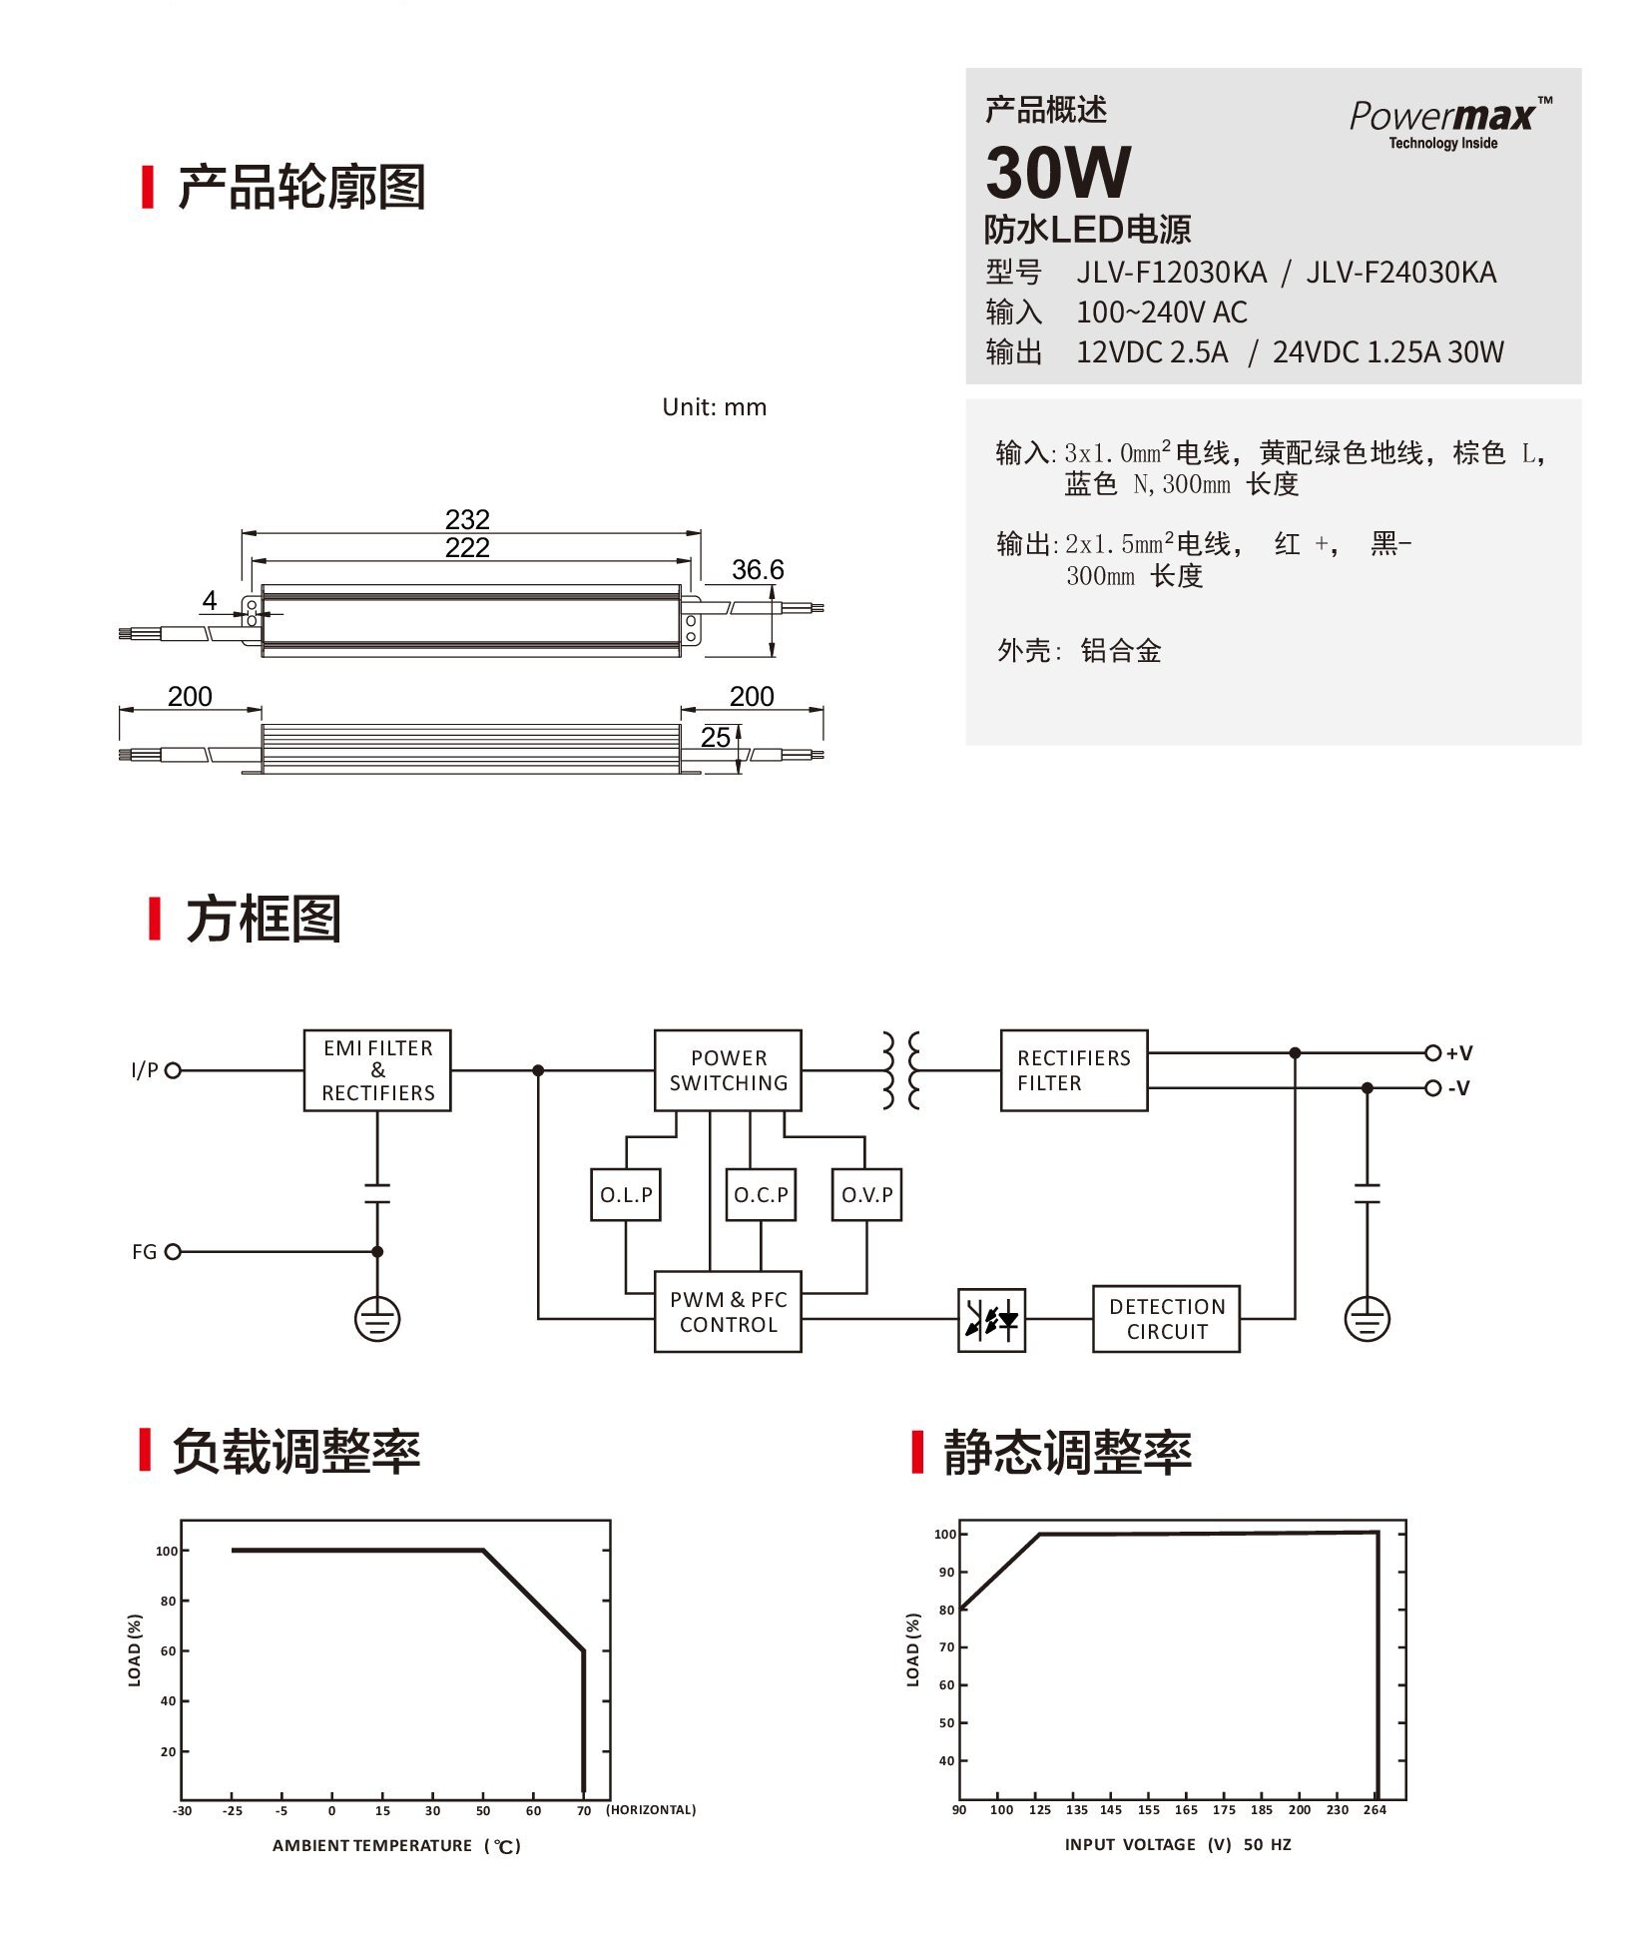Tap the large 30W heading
click(1058, 173)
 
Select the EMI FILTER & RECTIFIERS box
click(377, 1070)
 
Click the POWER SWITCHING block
click(728, 1070)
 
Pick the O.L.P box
click(626, 1194)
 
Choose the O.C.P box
click(761, 1194)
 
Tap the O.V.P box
click(866, 1194)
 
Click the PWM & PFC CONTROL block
click(728, 1311)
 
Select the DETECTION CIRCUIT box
click(1166, 1318)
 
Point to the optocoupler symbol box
click(991, 1320)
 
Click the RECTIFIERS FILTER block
click(1074, 1070)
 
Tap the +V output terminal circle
click(1432, 1052)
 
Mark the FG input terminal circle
click(173, 1251)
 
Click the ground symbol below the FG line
click(377, 1319)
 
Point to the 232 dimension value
click(467, 519)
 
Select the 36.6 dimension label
click(758, 570)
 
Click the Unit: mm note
click(714, 407)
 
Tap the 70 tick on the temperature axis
click(584, 1810)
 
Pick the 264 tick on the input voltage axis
click(1375, 1809)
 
